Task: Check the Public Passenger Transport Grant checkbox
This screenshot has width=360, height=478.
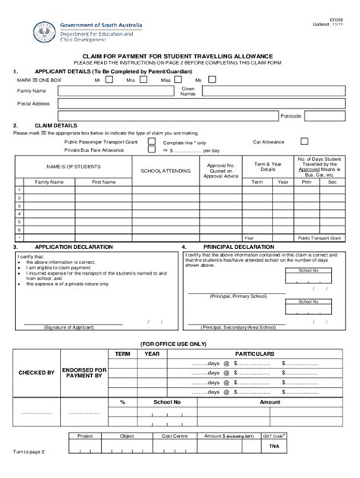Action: (x=152, y=141)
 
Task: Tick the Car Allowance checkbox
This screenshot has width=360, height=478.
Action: (x=304, y=141)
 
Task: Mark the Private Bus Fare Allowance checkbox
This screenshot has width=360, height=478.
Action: (x=152, y=150)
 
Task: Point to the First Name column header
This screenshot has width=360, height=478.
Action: (x=103, y=182)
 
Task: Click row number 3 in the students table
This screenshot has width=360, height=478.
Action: (x=18, y=206)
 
